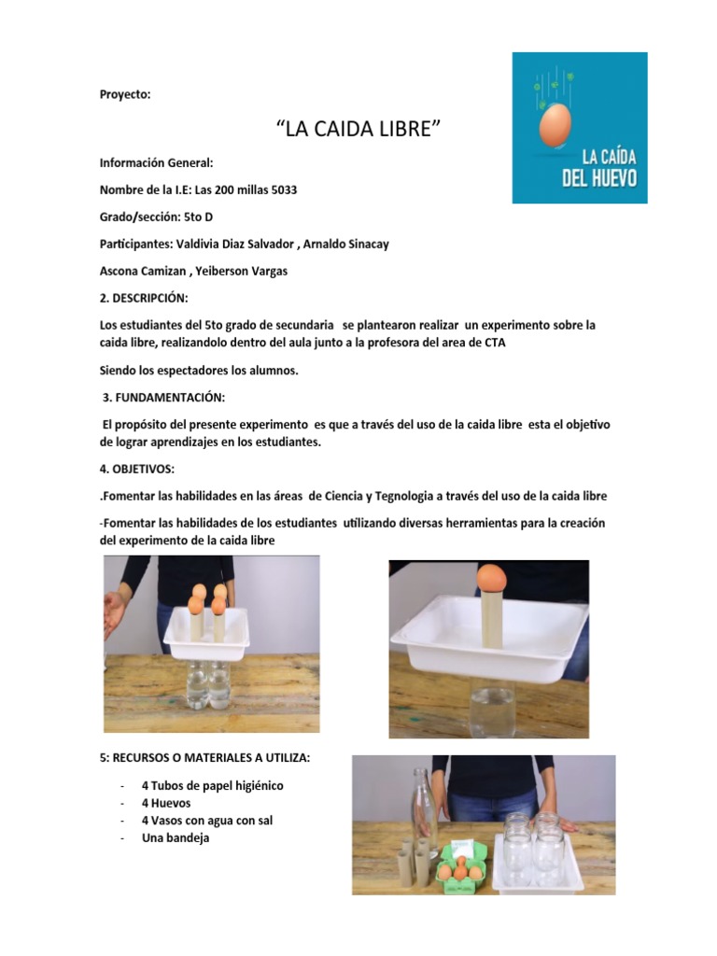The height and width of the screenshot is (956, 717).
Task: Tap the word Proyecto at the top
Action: point(125,94)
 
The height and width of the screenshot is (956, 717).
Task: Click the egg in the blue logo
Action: point(555,125)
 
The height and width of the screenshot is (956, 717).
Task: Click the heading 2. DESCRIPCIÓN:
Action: point(144,298)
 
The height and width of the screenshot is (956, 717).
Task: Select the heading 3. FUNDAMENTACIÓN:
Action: point(163,398)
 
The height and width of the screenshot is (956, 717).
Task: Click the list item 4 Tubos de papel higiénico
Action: point(212,785)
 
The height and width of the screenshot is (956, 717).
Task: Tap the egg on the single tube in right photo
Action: point(492,578)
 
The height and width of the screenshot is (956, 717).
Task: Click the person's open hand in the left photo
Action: point(113,613)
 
